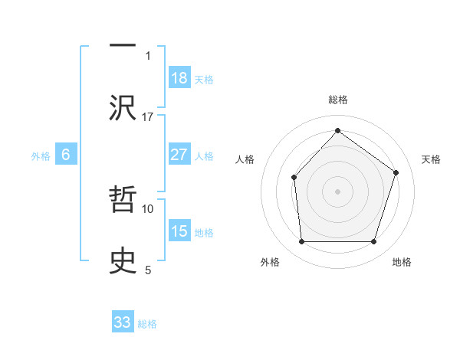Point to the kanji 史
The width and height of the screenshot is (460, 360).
(x=123, y=259)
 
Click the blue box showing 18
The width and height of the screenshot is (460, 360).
(x=179, y=77)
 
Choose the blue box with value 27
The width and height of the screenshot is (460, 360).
(x=179, y=155)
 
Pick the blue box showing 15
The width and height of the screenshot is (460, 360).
(x=179, y=231)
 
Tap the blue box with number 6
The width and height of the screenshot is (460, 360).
(x=66, y=155)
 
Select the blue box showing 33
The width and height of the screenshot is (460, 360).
(x=123, y=322)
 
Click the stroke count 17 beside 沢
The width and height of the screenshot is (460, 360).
(x=148, y=117)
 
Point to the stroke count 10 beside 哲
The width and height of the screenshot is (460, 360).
(x=148, y=208)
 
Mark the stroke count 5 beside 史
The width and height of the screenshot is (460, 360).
(x=148, y=270)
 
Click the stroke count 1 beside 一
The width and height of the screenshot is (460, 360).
(x=148, y=56)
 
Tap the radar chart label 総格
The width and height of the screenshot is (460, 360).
(x=337, y=100)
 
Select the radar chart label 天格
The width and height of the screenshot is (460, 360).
(x=431, y=159)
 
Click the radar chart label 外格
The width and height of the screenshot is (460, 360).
(x=270, y=263)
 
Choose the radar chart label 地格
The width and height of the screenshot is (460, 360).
(x=402, y=263)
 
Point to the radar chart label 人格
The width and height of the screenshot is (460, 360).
(x=245, y=159)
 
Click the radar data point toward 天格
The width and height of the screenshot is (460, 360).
(x=396, y=172)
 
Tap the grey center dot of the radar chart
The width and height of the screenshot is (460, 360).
(x=337, y=191)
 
